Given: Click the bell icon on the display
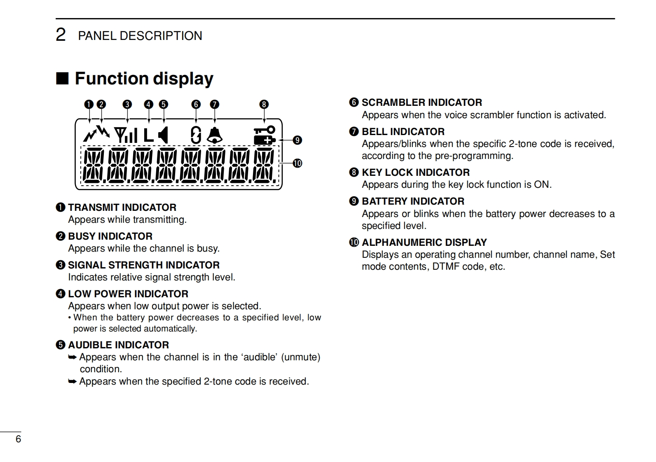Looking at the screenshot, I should click(x=215, y=135).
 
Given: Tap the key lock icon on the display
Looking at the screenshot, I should click(x=264, y=130).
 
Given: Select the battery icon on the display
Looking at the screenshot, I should click(x=265, y=140).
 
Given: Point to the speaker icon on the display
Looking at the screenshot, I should click(x=164, y=135).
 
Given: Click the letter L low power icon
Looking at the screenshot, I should click(x=148, y=135).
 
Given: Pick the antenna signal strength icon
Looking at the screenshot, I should click(x=125, y=135).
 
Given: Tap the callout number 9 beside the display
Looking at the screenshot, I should click(x=297, y=140).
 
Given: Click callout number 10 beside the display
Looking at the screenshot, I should click(x=297, y=163).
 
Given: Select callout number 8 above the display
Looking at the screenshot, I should click(x=264, y=105).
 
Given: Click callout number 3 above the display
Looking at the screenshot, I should click(x=127, y=105).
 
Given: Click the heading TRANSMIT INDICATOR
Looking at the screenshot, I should click(x=122, y=208).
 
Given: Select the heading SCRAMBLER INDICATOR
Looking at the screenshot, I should click(x=422, y=103).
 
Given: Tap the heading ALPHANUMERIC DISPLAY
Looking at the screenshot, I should click(x=424, y=243).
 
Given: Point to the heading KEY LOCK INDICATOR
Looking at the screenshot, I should click(x=415, y=173).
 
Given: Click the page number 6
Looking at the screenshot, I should click(x=18, y=439).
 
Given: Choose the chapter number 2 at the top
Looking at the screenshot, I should click(x=61, y=35).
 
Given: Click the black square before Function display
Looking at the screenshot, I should click(x=62, y=78).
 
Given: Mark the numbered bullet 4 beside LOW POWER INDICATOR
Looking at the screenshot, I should click(x=61, y=294).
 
